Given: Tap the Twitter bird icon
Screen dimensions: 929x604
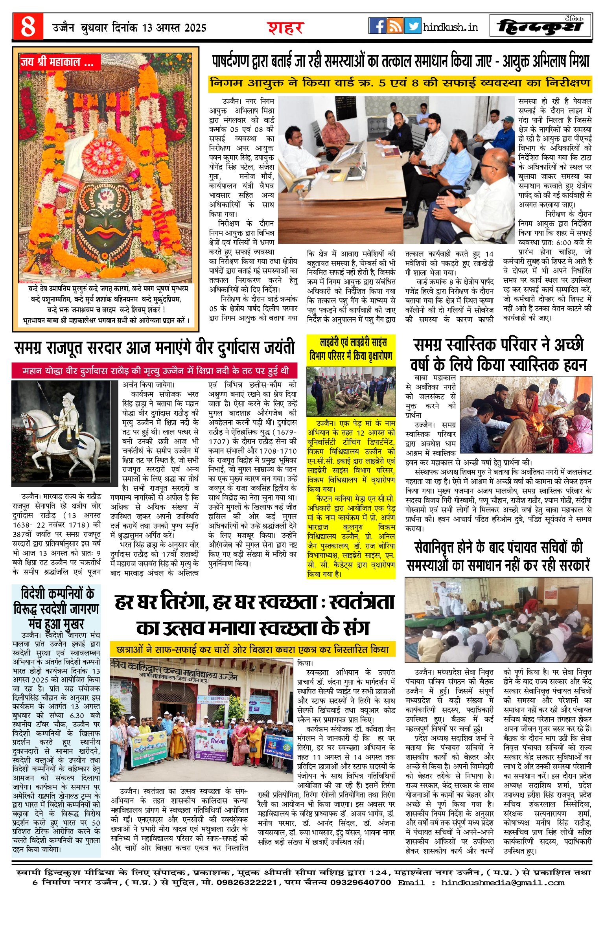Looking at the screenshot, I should (412, 26).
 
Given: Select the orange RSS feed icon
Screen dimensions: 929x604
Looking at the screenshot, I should (395, 26).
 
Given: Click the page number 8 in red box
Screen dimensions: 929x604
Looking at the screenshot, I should (28, 27).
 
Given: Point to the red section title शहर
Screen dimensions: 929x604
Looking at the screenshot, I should (285, 28).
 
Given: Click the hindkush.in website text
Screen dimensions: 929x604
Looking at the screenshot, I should (451, 27).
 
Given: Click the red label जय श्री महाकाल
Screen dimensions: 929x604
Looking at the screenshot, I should (57, 62).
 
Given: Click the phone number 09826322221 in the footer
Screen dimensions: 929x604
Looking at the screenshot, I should (244, 883).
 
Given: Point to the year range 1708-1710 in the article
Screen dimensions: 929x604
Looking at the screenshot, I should (280, 451).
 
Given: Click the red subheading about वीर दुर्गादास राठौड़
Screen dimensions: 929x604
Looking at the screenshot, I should (155, 371).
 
